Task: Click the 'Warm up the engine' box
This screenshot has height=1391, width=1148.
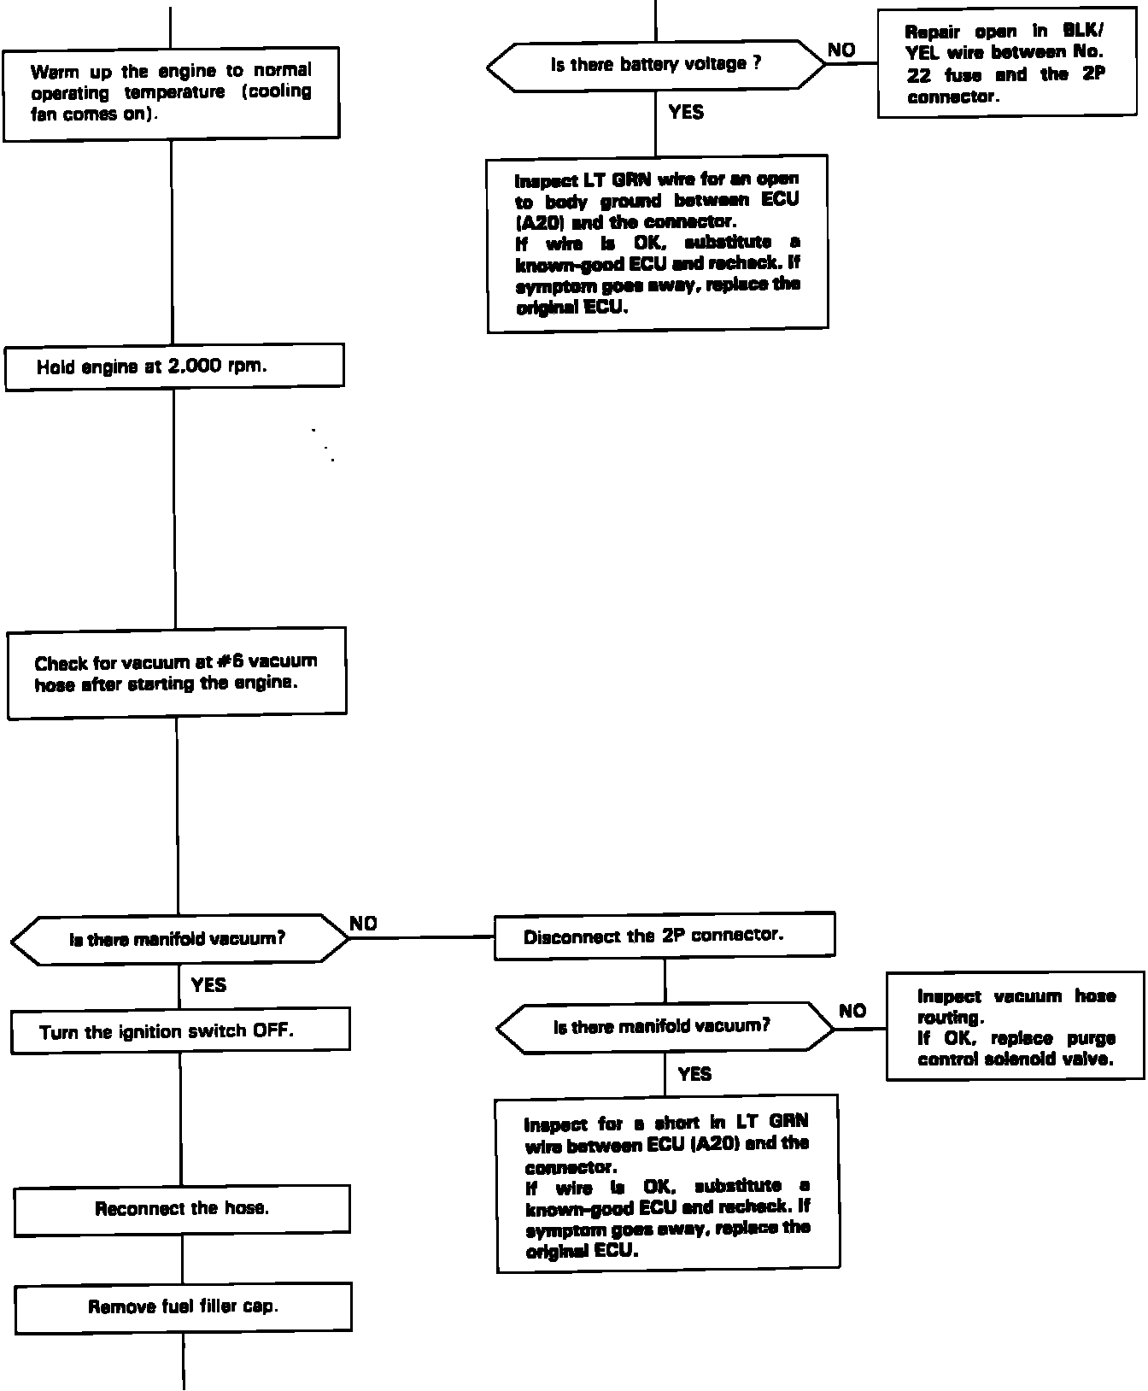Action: tap(171, 93)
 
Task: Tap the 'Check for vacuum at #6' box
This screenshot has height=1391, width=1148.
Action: tap(177, 673)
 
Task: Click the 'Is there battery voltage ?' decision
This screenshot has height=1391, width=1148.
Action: tap(656, 65)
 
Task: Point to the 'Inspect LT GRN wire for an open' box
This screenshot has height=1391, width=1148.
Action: tap(657, 243)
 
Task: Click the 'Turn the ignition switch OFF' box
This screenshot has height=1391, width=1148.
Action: tap(180, 1030)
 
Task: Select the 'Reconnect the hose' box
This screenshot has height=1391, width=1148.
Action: tap(182, 1209)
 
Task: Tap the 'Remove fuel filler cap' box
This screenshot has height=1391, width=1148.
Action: tap(184, 1306)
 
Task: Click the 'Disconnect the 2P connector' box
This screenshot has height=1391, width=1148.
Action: tap(664, 936)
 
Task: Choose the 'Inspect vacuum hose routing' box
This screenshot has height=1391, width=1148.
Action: tap(1016, 1027)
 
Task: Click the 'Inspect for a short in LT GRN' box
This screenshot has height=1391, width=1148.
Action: tap(667, 1184)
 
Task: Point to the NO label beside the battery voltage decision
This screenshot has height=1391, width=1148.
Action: tap(841, 50)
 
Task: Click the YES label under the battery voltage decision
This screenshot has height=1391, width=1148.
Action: tap(686, 112)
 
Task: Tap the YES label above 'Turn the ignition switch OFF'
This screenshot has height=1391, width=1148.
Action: tap(208, 985)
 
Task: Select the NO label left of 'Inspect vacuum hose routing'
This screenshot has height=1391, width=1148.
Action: tap(852, 1012)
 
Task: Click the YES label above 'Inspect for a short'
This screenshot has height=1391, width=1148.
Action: tap(694, 1074)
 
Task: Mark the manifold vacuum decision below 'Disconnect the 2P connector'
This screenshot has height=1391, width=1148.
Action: tap(665, 1027)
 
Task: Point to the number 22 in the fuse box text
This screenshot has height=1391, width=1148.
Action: tap(918, 75)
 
